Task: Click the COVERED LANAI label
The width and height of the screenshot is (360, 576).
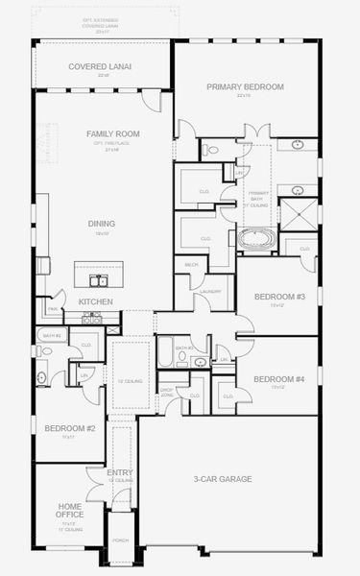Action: pos(100,67)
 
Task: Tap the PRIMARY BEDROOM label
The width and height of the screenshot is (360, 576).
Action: pos(246,86)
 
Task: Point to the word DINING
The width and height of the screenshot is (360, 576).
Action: pos(102,224)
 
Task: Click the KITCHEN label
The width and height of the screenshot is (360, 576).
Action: pos(95,301)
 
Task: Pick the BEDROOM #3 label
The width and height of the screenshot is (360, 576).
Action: pos(279,297)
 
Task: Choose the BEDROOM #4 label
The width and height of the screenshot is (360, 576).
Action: pos(279,378)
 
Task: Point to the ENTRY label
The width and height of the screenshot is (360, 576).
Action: pos(120,472)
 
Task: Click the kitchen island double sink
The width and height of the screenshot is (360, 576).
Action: pos(99,280)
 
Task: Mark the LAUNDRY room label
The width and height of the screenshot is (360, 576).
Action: pos(212,291)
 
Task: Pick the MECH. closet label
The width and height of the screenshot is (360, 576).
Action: pos(191,264)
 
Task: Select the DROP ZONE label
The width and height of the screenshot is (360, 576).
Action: pos(167,391)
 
